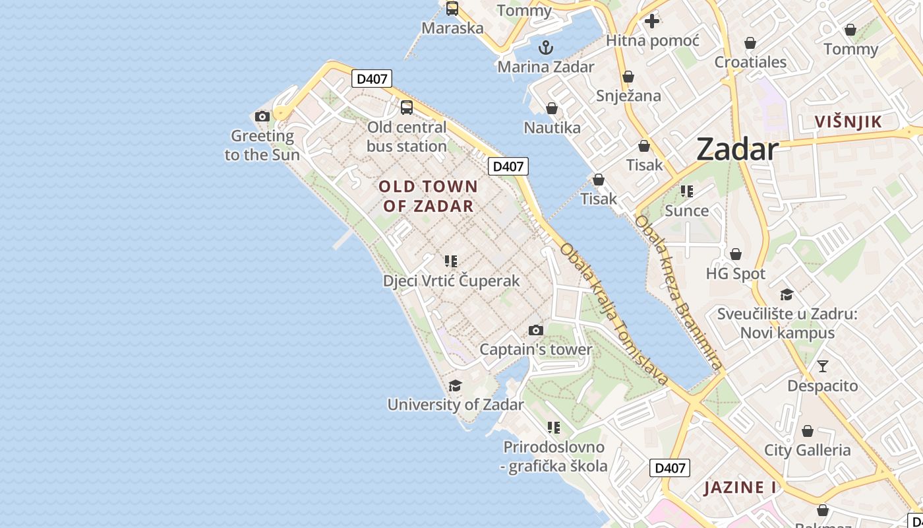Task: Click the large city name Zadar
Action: click(x=738, y=150)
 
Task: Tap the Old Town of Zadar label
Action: click(x=429, y=196)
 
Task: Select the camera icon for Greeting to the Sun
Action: click(x=262, y=117)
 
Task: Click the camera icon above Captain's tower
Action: click(x=536, y=330)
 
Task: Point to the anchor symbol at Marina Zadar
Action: click(x=546, y=48)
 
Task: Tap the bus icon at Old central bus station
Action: click(x=407, y=108)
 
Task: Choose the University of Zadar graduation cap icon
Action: click(x=455, y=385)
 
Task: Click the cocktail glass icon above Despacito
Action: click(x=823, y=366)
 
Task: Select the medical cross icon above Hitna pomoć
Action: click(x=652, y=21)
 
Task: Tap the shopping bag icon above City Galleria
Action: click(x=808, y=432)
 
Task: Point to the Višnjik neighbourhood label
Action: click(x=848, y=122)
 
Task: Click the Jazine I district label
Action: click(x=740, y=488)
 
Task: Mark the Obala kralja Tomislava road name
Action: click(x=614, y=314)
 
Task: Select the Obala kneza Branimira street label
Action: click(x=678, y=291)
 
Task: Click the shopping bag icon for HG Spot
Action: click(x=736, y=254)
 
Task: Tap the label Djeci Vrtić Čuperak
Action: click(x=452, y=281)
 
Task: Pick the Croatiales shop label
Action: click(x=750, y=63)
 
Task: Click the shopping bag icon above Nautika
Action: click(x=552, y=108)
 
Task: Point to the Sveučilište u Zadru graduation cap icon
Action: click(x=787, y=294)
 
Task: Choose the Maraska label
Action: click(x=452, y=28)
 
